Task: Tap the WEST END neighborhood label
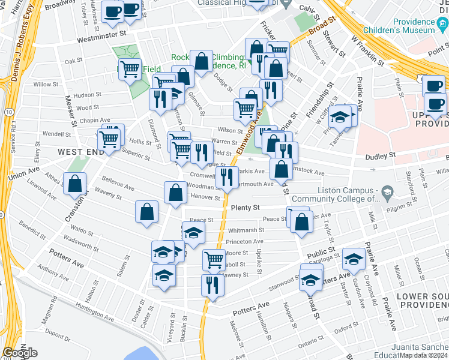tap(81, 152)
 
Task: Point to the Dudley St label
tap(381, 156)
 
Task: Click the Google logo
tap(20, 353)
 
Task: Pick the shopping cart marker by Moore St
tap(214, 259)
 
